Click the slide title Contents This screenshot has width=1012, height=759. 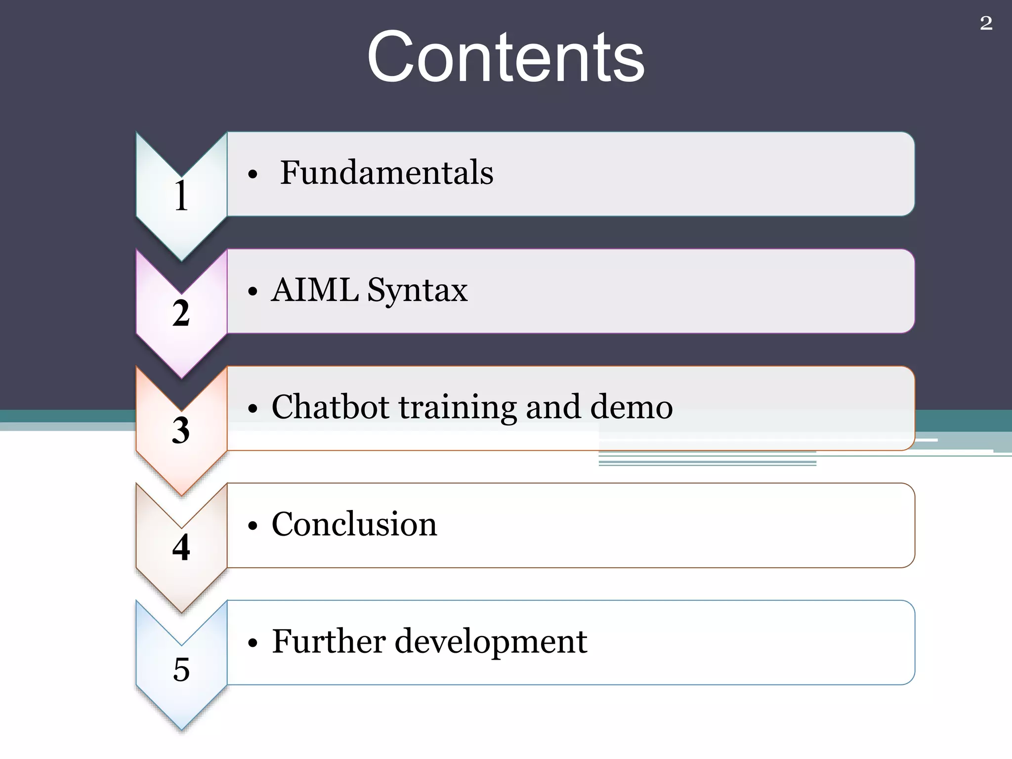pyautogui.click(x=506, y=57)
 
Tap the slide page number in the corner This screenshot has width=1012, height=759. pyautogui.click(x=986, y=23)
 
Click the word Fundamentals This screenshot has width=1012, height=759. pyautogui.click(x=386, y=173)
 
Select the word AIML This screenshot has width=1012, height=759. pyautogui.click(x=315, y=290)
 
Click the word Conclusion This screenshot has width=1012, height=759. pyautogui.click(x=354, y=524)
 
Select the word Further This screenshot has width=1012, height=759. pyautogui.click(x=328, y=641)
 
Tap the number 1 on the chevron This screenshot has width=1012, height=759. pyautogui.click(x=181, y=196)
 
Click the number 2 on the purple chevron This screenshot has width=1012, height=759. pyautogui.click(x=181, y=313)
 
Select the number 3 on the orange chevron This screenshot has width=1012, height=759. pyautogui.click(x=181, y=430)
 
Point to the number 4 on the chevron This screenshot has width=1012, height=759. pyautogui.click(x=181, y=548)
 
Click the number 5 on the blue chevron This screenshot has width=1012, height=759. pyautogui.click(x=181, y=670)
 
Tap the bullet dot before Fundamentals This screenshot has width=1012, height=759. pyautogui.click(x=253, y=175)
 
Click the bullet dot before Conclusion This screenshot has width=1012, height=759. pyautogui.click(x=253, y=526)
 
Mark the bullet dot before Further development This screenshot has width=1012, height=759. pyautogui.click(x=253, y=643)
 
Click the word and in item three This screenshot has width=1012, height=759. pyautogui.click(x=553, y=407)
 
